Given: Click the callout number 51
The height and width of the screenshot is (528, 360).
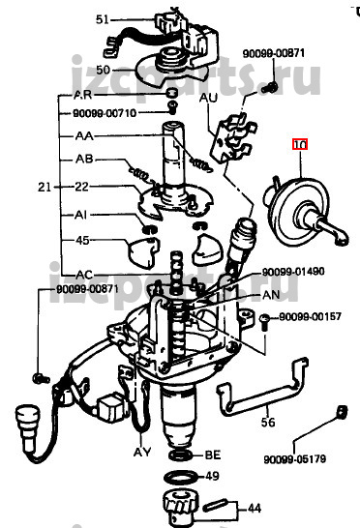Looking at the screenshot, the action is tap(103, 19).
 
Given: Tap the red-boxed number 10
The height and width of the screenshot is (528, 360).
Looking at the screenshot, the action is tap(300, 145).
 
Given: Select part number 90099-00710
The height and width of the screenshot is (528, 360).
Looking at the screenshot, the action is tap(105, 113).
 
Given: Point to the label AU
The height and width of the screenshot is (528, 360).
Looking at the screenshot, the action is tap(208, 98).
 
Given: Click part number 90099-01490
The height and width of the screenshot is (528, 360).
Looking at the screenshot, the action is tap(293, 272).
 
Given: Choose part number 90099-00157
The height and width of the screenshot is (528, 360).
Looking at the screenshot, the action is tap(310, 317).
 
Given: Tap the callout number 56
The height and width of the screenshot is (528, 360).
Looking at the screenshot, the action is tap(268, 422).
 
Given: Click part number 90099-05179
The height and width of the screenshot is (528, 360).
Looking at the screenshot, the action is tap(294, 459).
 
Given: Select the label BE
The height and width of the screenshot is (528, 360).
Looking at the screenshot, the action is tap(213, 455).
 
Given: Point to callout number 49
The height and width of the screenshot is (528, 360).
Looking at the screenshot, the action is tap(212, 476).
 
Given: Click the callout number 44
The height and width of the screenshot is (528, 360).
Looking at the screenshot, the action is tap(255, 508).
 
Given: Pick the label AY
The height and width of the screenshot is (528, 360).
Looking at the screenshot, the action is tap(142, 452).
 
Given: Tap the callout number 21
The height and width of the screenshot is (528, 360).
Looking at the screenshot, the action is tap(45, 187).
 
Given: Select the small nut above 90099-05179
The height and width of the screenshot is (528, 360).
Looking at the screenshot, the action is tap(342, 412).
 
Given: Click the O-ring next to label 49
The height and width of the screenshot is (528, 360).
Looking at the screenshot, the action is tap(181, 478).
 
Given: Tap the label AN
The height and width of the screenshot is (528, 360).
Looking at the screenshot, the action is tap(271, 295).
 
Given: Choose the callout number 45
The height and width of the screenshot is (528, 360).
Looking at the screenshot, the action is tap(82, 241).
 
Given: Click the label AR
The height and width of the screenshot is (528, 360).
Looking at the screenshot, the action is tap(82, 95).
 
